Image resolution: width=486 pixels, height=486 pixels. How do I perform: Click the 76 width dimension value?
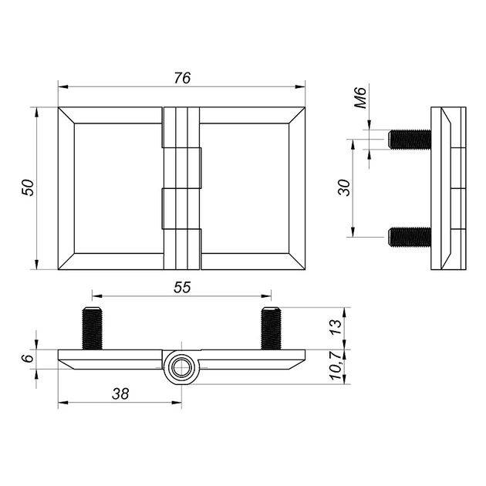[182, 78]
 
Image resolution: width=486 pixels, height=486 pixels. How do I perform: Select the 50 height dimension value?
[28, 187]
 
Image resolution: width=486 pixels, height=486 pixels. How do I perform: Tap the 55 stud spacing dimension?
[182, 288]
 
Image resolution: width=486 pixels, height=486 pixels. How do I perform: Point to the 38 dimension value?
[120, 394]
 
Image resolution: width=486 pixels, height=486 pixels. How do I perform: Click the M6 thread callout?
[360, 98]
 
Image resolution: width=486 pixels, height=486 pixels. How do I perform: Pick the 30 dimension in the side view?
[344, 187]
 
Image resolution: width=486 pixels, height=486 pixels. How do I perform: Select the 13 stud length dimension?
[336, 327]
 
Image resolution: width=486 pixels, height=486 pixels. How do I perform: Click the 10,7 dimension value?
[336, 366]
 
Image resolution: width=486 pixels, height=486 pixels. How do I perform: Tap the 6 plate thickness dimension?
[28, 358]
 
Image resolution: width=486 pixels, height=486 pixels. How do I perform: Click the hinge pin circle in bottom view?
[181, 368]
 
